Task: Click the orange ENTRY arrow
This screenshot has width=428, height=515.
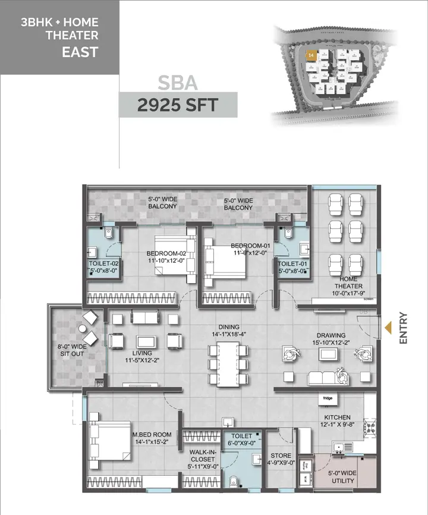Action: tap(389, 328)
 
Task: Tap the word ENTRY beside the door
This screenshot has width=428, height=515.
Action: tap(404, 328)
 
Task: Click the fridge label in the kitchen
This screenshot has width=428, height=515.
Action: tap(328, 398)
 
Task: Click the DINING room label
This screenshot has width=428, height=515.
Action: tap(228, 331)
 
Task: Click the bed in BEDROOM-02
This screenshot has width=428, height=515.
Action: tap(174, 255)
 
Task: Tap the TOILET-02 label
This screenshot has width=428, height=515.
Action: tap(104, 266)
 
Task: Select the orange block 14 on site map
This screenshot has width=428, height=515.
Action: tap(310, 55)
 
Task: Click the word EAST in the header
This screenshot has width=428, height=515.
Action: tap(80, 52)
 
